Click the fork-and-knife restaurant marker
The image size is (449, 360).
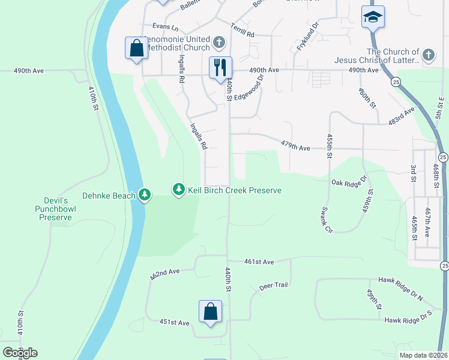pyautogui.click(x=220, y=67)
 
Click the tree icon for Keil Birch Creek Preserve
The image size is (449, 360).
pyautogui.click(x=178, y=190)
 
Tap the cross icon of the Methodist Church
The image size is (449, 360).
pyautogui.click(x=219, y=43)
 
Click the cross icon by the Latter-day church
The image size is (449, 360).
pyautogui.click(x=428, y=55)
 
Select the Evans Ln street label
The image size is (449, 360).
pyautogui.click(x=166, y=27)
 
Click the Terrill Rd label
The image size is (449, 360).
pyautogui.click(x=243, y=29)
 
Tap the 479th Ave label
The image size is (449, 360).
pyautogui.click(x=295, y=144)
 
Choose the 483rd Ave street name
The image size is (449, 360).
pyautogui.click(x=402, y=116)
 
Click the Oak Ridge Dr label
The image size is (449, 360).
pyautogui.click(x=349, y=181)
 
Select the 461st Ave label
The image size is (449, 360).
pyautogui.click(x=259, y=262)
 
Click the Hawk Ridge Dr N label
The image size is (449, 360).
pyautogui.click(x=400, y=281)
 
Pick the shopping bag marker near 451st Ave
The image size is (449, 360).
pyautogui.click(x=210, y=312)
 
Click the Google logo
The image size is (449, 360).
pyautogui.click(x=19, y=353)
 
